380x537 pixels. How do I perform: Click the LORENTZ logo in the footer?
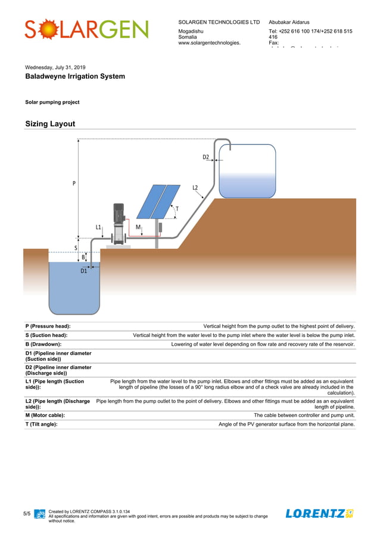click(319, 513)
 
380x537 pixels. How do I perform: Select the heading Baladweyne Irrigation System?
click(75, 77)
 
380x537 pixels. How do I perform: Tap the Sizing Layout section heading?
click(50, 124)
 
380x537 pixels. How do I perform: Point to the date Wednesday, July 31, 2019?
click(55, 67)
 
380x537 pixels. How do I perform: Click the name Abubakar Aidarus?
click(289, 22)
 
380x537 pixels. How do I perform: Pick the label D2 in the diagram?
click(205, 157)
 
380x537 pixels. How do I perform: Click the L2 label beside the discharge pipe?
click(195, 188)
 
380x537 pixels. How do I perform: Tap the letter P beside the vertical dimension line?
click(74, 183)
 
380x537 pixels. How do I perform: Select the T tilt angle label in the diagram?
click(176, 209)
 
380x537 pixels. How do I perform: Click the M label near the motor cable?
click(138, 227)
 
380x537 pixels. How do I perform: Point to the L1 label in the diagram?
click(98, 227)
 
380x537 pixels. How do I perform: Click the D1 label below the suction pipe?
click(84, 271)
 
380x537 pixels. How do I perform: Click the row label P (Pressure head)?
click(48, 326)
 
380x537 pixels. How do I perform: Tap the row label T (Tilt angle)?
click(45, 424)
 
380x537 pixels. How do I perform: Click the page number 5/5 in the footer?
click(27, 513)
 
